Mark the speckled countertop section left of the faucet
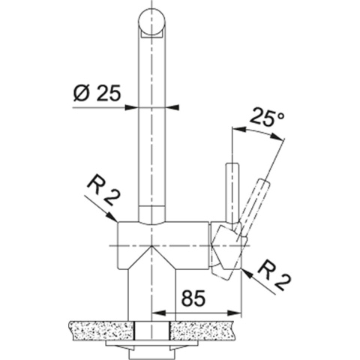coord(101,328)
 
